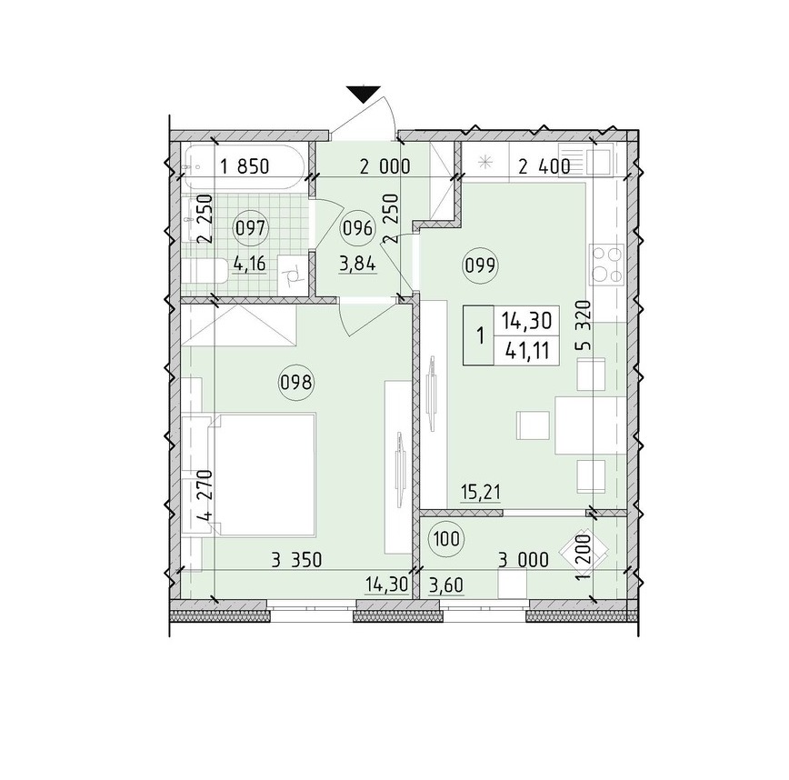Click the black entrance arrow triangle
363,95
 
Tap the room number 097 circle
251,229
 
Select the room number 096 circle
358,229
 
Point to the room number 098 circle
295,384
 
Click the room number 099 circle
482,265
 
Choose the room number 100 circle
445,539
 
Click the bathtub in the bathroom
243,167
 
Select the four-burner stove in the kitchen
607,265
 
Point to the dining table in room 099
590,425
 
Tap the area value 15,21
481,492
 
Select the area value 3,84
358,264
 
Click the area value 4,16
249,264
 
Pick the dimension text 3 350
296,560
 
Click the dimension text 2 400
544,166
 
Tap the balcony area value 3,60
446,585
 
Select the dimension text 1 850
245,166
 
